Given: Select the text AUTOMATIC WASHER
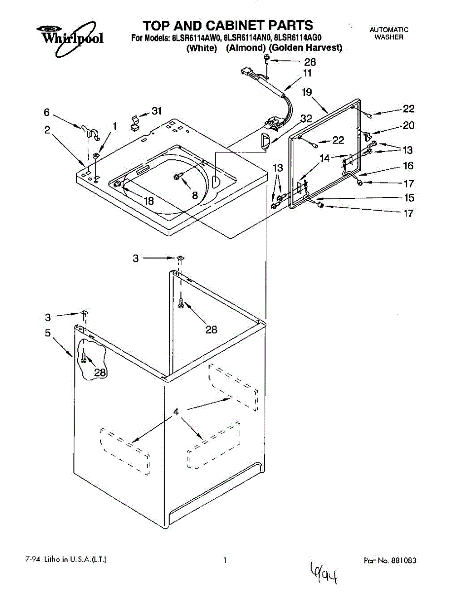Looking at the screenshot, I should coord(389,33).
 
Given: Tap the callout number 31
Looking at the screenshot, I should coord(156,111).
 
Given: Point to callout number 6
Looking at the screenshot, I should coord(47,112).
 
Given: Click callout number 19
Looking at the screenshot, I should coord(307,92).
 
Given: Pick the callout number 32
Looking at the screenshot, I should coord(306,118).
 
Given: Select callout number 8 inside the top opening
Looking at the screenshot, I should coord(195,196).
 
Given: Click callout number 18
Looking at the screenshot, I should coord(148,201).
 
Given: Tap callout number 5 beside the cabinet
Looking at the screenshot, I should coord(48,333).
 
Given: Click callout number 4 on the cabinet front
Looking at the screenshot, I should coord(176,412).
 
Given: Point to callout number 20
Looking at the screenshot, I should coord(408,125).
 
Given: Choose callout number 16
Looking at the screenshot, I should coord(408,166).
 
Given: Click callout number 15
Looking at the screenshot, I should coord(408,198).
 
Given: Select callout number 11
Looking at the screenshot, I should coord(307,73).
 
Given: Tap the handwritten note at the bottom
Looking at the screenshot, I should coord(325,572).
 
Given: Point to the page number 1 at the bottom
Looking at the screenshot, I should coord(225,560).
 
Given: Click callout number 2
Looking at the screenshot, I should coord(47,130).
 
